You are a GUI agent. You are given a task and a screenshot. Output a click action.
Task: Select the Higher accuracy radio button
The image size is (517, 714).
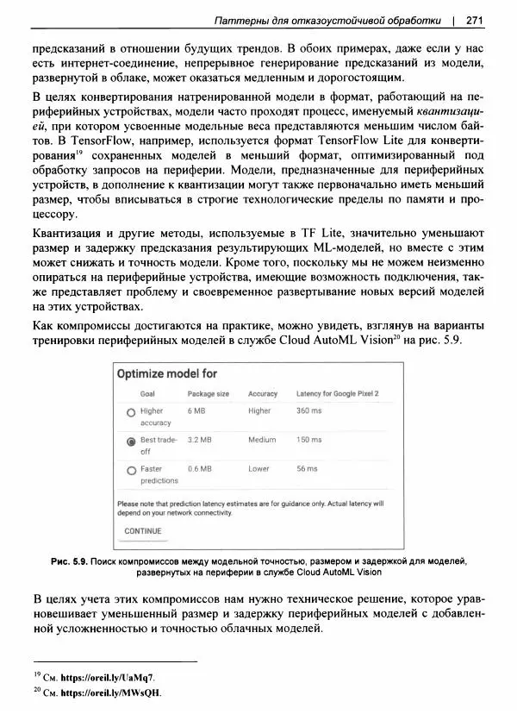(x=131, y=412)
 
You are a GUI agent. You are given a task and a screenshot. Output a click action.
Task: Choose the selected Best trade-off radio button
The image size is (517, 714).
(x=131, y=441)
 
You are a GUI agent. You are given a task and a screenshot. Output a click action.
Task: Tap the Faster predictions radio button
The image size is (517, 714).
(x=131, y=470)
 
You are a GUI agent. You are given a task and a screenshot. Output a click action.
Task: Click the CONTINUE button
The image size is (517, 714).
(x=143, y=531)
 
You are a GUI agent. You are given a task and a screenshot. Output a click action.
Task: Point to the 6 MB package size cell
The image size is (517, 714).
(x=196, y=411)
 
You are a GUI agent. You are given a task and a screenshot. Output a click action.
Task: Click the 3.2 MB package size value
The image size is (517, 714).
(x=199, y=440)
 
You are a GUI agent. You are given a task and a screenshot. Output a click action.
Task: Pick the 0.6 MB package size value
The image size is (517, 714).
(x=199, y=469)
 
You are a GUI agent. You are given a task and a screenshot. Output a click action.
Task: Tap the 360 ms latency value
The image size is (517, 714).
(x=308, y=411)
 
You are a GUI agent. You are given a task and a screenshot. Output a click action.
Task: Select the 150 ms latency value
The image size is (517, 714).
(x=308, y=440)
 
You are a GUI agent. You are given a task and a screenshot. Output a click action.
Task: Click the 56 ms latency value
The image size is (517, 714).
(x=307, y=469)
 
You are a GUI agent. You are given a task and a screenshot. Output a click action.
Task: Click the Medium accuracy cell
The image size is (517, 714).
(x=262, y=440)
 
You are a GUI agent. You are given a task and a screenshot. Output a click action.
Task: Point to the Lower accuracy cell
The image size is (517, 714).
(x=258, y=469)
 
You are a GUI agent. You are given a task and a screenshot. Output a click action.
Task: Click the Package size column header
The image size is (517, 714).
(x=209, y=393)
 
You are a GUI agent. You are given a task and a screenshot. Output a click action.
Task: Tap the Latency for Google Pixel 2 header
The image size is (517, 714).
(x=338, y=393)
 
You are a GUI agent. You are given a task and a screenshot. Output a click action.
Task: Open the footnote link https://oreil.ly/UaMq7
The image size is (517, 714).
(x=102, y=678)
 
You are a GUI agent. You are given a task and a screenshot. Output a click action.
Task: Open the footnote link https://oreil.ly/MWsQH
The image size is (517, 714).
(x=104, y=693)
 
